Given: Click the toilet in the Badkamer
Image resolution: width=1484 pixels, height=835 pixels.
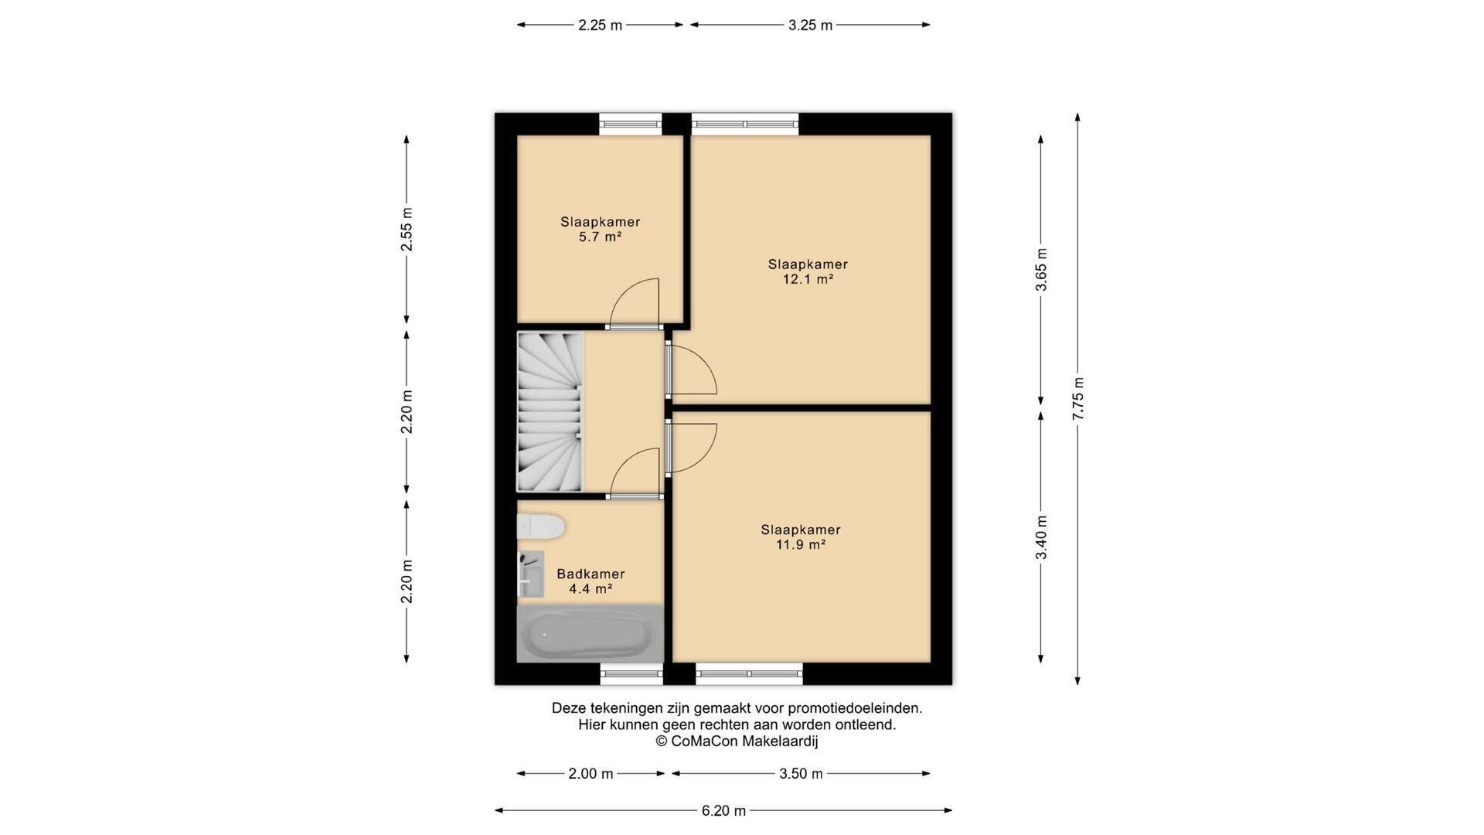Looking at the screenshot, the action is coord(541,527).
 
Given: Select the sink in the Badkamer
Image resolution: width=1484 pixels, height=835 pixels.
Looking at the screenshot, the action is coord(530,574).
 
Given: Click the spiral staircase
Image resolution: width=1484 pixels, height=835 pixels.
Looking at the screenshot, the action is coord(550,412).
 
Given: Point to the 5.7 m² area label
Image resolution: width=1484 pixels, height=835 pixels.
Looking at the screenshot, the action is coord(601,237).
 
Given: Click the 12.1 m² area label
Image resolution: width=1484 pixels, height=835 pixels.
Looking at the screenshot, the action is coord(808,280).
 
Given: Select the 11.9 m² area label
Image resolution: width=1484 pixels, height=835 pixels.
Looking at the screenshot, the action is coord(801,545).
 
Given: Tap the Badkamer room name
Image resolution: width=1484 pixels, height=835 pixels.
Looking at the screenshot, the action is coord(591,574).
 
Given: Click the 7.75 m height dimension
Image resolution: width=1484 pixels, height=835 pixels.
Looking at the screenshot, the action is coord(1077,399).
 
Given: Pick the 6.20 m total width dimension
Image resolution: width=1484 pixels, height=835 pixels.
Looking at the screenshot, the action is coord(723,810).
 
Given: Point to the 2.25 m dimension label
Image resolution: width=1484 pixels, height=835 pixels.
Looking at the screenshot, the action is coord(601,25).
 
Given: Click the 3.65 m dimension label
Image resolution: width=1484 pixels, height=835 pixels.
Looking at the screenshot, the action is coord(1041,270).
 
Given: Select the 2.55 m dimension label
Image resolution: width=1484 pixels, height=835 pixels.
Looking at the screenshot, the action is coord(407,230).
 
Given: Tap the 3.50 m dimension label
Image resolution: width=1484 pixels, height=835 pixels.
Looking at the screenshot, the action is coord(801,773).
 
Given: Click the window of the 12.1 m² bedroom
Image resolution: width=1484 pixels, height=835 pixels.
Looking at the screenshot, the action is coord(745,124).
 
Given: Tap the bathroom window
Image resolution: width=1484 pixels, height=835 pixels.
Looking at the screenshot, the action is coord(631,673).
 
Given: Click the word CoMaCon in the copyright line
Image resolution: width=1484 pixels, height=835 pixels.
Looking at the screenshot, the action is coord(704,741).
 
